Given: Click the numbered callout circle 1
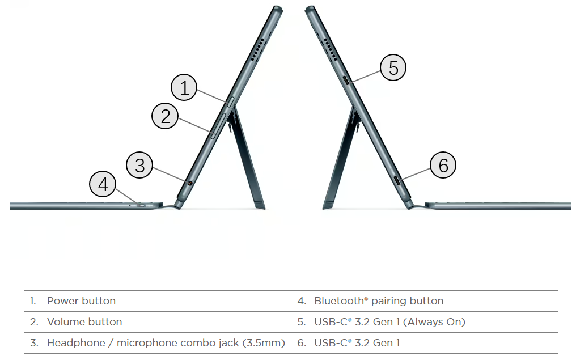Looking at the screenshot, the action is click(x=184, y=87).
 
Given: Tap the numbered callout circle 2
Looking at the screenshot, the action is click(x=165, y=116).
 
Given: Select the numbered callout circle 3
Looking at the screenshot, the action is click(x=139, y=165).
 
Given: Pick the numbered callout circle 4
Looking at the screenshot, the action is click(x=103, y=184).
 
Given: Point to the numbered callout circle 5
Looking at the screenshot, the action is click(x=393, y=67).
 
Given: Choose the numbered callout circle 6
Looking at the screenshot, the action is click(x=443, y=165).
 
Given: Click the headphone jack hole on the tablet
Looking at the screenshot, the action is click(x=190, y=183).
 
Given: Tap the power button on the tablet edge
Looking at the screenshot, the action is click(x=230, y=101).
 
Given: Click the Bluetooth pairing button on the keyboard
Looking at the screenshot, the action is click(x=141, y=205).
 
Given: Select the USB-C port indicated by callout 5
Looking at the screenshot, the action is click(x=346, y=80).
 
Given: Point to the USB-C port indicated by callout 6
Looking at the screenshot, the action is click(x=397, y=180).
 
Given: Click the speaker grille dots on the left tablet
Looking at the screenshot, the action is click(x=257, y=49).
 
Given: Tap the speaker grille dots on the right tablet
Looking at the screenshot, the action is click(x=331, y=49).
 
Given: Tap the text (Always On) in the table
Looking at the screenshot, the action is click(x=434, y=322).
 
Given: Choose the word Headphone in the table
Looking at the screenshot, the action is click(x=76, y=343).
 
